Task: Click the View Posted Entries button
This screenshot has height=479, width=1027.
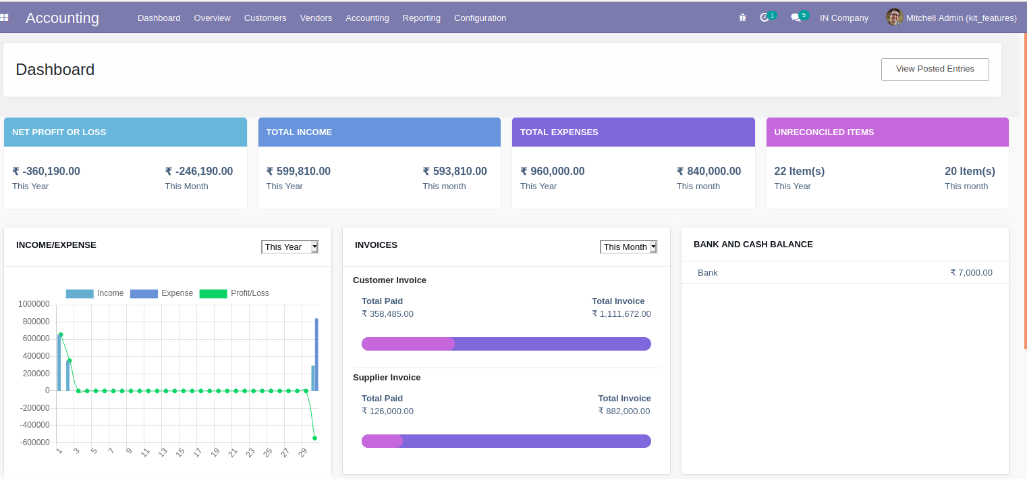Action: click(x=935, y=69)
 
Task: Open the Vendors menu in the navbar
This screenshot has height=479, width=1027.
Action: click(x=316, y=18)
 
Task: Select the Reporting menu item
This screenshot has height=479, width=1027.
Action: click(x=421, y=18)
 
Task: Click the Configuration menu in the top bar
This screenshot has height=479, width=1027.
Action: click(x=480, y=18)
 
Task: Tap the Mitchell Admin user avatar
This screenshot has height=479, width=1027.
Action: click(x=894, y=18)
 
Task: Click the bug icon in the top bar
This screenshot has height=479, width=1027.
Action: click(x=742, y=18)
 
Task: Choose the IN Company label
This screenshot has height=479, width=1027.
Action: click(x=843, y=18)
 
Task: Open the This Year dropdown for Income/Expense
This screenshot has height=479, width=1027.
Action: click(x=289, y=247)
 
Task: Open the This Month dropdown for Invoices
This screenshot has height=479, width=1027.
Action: click(x=628, y=247)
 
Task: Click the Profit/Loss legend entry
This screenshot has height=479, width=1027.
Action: click(x=234, y=293)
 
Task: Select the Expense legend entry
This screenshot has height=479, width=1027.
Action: click(x=162, y=293)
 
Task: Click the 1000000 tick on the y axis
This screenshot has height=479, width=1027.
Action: click(x=34, y=304)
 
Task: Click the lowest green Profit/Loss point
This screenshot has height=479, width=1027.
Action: click(x=314, y=438)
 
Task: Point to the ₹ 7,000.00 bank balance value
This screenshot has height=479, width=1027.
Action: click(x=971, y=273)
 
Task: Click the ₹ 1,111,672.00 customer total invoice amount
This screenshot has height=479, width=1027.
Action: click(x=621, y=314)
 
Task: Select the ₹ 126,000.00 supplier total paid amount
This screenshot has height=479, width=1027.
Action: click(x=387, y=411)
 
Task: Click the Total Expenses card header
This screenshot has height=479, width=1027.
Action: click(x=633, y=132)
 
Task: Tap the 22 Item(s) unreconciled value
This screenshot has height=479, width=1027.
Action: click(x=799, y=172)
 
